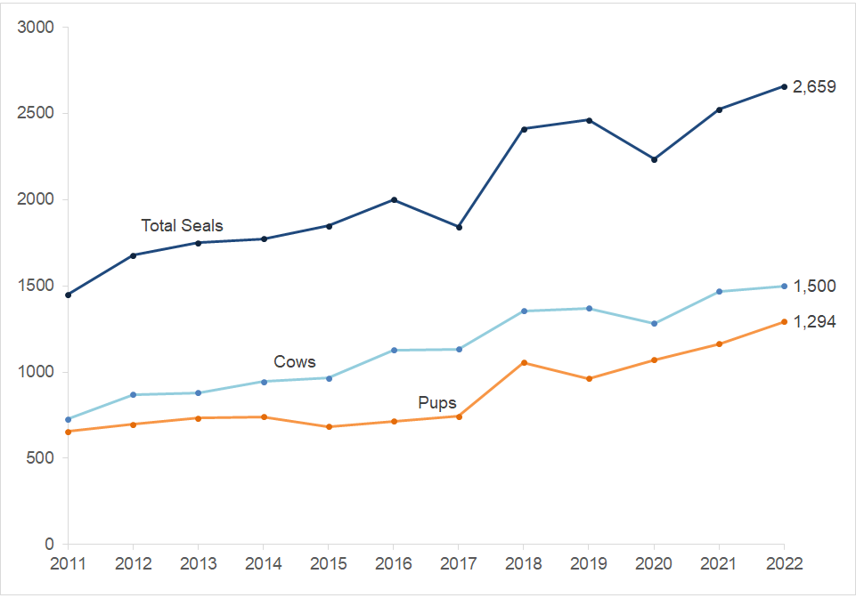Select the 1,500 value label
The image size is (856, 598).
click(x=813, y=287)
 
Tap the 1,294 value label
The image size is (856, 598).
click(x=813, y=322)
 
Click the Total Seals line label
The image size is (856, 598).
click(x=182, y=226)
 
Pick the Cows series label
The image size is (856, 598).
click(x=294, y=362)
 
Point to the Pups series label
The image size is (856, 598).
click(x=437, y=403)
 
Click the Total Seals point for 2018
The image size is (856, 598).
click(x=524, y=129)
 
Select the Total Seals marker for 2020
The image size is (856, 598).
click(x=654, y=159)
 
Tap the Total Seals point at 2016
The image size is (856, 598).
click(x=394, y=200)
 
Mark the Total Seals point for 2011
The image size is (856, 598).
click(x=69, y=295)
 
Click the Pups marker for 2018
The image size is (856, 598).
click(x=524, y=363)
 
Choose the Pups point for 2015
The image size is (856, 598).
click(x=329, y=427)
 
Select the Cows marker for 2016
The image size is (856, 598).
click(x=394, y=351)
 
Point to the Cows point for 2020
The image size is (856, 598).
click(x=654, y=324)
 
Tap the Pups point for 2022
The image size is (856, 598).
click(x=784, y=321)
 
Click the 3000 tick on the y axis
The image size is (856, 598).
click(x=36, y=28)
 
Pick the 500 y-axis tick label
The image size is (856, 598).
click(x=40, y=458)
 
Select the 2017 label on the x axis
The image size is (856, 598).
click(x=459, y=564)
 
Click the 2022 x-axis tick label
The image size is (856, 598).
click(x=784, y=564)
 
